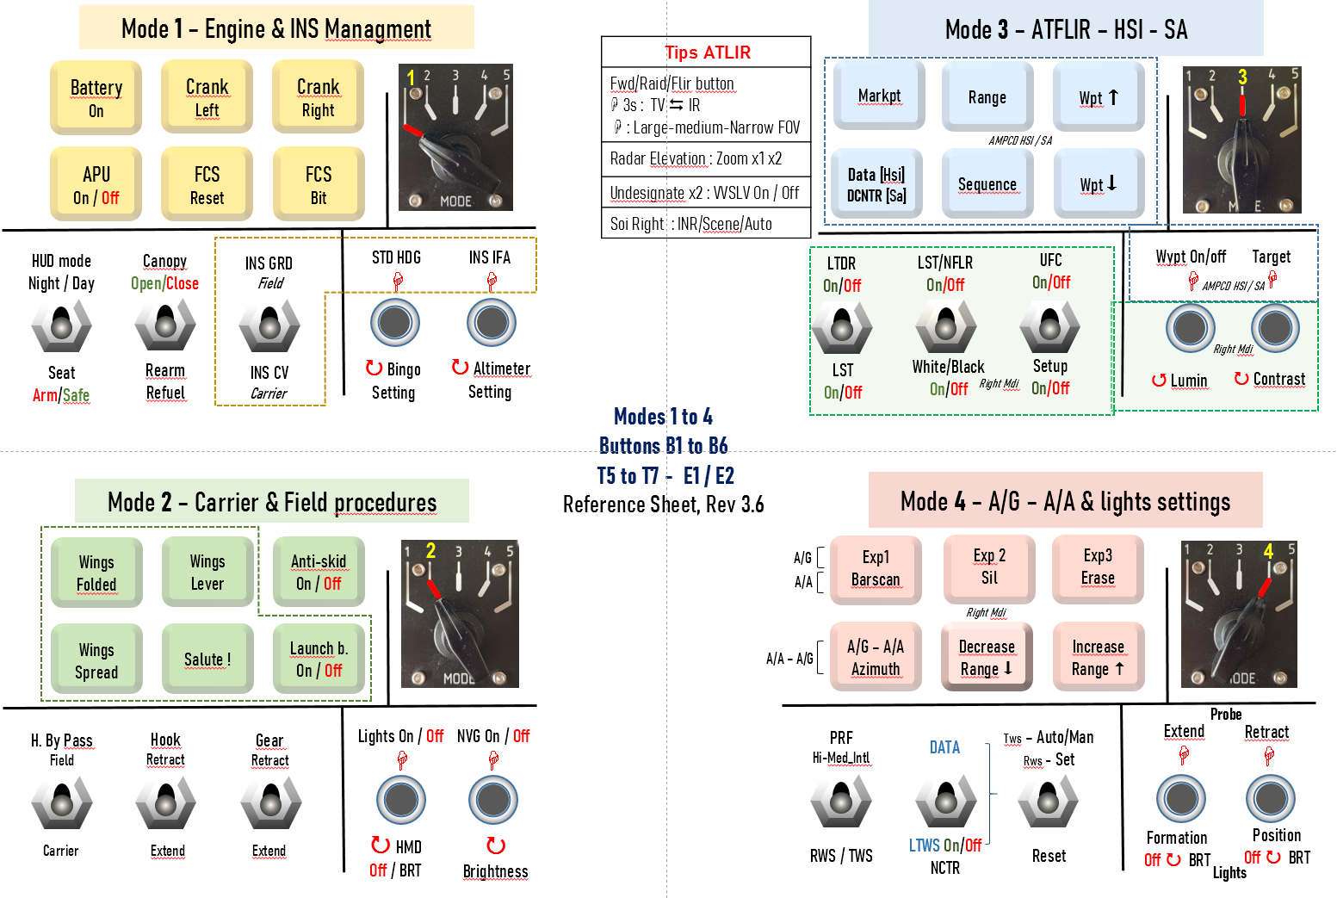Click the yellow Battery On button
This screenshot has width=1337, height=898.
tap(96, 97)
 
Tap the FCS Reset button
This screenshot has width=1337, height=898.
tap(207, 184)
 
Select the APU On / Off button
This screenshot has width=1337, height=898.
tap(96, 184)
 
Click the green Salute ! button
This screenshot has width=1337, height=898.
tap(207, 659)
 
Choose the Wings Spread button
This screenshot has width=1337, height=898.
tap(96, 660)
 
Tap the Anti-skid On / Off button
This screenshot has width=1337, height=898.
tap(319, 572)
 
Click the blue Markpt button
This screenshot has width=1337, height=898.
tap(878, 96)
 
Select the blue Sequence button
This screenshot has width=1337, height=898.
tap(987, 183)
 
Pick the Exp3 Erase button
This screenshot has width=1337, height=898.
tap(1098, 567)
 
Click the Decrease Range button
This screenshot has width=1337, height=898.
tap(987, 657)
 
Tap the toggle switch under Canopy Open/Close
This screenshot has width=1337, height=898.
tap(165, 326)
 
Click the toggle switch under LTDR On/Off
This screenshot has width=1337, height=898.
tap(842, 328)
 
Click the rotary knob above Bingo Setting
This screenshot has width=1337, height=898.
tap(395, 323)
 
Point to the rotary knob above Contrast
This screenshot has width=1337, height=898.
tap(1275, 328)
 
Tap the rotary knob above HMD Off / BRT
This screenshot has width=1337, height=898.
tap(401, 800)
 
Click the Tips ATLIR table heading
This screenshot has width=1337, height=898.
tap(707, 53)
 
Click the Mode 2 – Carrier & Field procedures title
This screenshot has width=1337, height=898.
tap(272, 501)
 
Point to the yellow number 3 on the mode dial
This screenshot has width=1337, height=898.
tap(1241, 77)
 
